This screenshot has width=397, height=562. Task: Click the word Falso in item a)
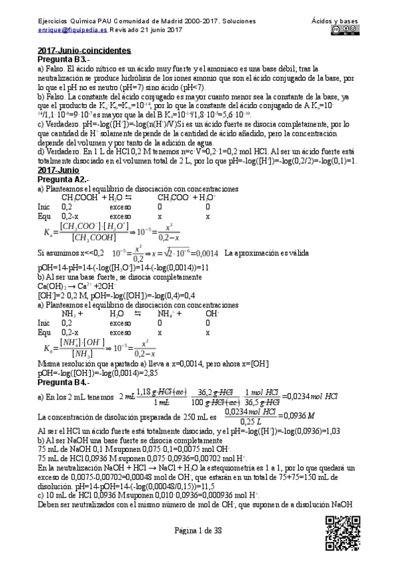[x=57, y=68]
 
